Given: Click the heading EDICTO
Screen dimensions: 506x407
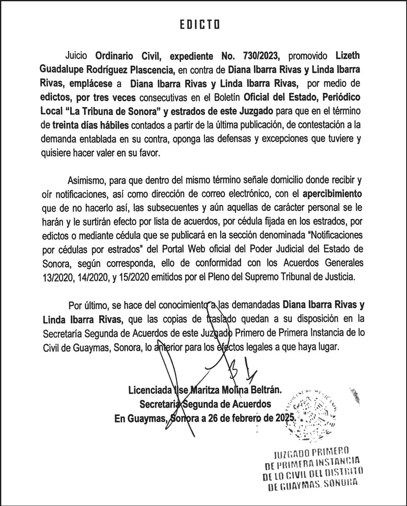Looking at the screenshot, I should click(200, 25).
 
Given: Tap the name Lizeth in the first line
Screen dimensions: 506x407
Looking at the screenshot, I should click(348, 56).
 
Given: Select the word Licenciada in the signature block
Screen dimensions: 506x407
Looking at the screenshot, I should click(150, 390).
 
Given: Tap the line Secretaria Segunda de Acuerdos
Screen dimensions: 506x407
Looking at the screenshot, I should click(205, 404).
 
